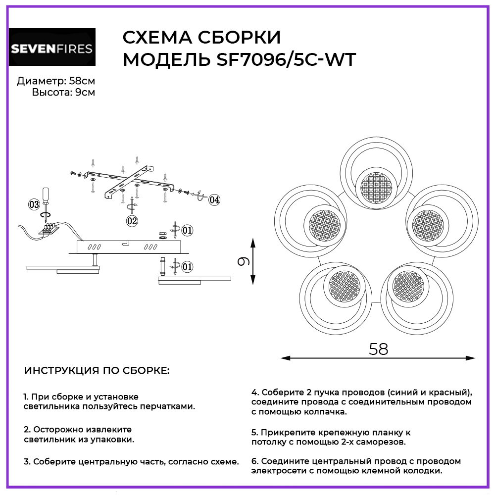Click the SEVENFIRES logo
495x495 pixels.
pos(52,48)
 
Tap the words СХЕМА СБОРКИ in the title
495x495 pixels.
pos(201,37)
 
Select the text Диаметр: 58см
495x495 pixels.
pos(55,81)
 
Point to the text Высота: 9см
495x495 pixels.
pos(63,93)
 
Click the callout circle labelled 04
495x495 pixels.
pos(214,200)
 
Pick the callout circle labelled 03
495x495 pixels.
pos(34,204)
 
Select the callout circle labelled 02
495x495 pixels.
pos(132,221)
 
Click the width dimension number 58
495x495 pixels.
pos(379,349)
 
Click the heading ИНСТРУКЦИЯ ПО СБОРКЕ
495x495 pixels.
pos(97,371)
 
